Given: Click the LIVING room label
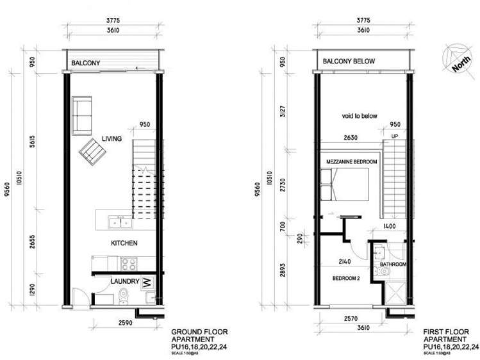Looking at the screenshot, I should click(x=113, y=140).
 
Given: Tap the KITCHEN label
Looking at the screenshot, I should click(x=125, y=243).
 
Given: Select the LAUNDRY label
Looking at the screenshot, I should click(x=124, y=281).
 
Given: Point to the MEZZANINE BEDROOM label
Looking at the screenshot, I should click(x=352, y=162).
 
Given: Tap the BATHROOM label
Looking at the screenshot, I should click(x=392, y=264).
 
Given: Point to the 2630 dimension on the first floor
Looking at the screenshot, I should click(x=351, y=136).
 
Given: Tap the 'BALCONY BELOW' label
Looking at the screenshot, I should click(x=349, y=61).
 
